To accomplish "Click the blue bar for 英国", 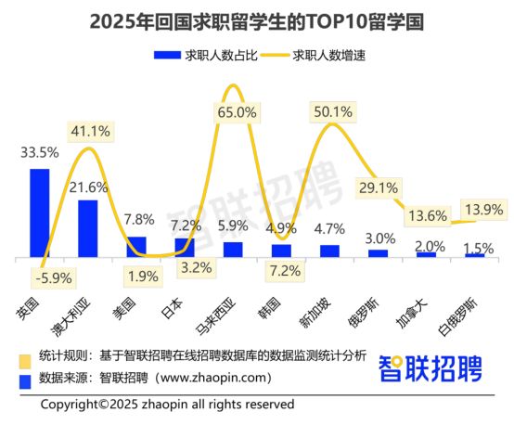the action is (x=40, y=213).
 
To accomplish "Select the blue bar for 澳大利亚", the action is (x=88, y=228).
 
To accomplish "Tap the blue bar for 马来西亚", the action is (x=233, y=250).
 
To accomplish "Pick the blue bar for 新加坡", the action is (x=329, y=251).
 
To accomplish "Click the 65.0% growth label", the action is (x=237, y=113).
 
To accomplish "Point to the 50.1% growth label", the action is (x=333, y=112).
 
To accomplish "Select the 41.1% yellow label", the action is (x=91, y=132).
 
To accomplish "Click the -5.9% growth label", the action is (x=54, y=278).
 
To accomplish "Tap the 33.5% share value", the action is (x=40, y=153).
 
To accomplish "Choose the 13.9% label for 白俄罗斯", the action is (x=484, y=210).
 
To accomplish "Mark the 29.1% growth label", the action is (x=379, y=188).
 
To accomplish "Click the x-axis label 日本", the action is (x=172, y=309).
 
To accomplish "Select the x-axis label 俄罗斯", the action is (x=364, y=313).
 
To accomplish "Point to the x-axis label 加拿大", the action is (x=412, y=313).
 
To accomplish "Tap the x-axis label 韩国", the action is (x=268, y=309).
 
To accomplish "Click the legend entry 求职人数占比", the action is (x=206, y=56).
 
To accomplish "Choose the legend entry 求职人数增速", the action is (x=314, y=56).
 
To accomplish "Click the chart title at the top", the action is (x=257, y=22).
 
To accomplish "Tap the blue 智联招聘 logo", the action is (x=430, y=369).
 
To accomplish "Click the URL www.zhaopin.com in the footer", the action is (x=213, y=378).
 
